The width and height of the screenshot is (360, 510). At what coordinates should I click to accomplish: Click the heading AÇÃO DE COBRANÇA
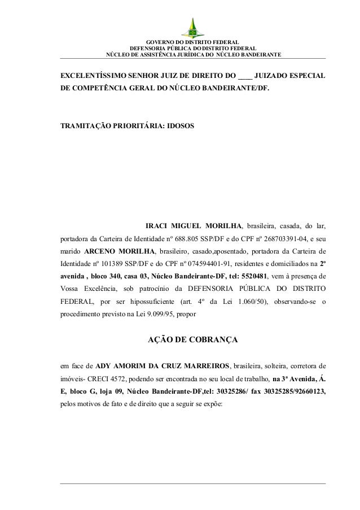coord(192,341)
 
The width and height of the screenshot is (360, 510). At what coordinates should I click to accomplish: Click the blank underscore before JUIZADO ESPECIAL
coord(245,76)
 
